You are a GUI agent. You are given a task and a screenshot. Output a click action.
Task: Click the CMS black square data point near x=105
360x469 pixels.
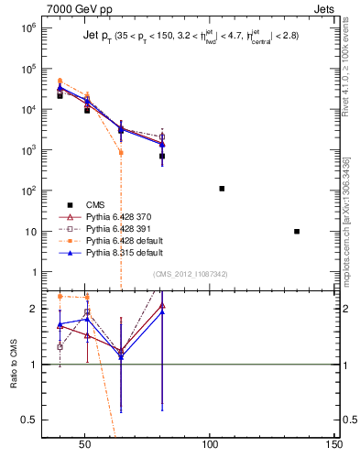[x=222, y=189]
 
